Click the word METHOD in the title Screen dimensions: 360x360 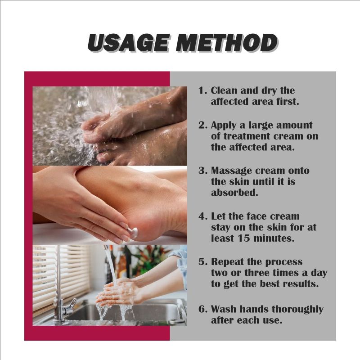(x=226, y=43)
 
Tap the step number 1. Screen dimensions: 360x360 (x=202, y=90)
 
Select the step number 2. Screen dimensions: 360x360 (x=202, y=125)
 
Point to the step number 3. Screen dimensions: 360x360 (x=202, y=171)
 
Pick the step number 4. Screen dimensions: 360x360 (x=202, y=216)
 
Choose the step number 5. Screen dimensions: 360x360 (x=202, y=262)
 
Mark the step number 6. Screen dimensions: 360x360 (x=202, y=309)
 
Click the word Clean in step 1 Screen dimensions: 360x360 (x=225, y=90)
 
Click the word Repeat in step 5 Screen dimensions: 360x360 (x=228, y=262)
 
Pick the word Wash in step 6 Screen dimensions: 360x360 (x=223, y=309)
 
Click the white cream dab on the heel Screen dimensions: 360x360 (x=133, y=232)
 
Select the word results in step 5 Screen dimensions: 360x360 (x=297, y=285)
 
